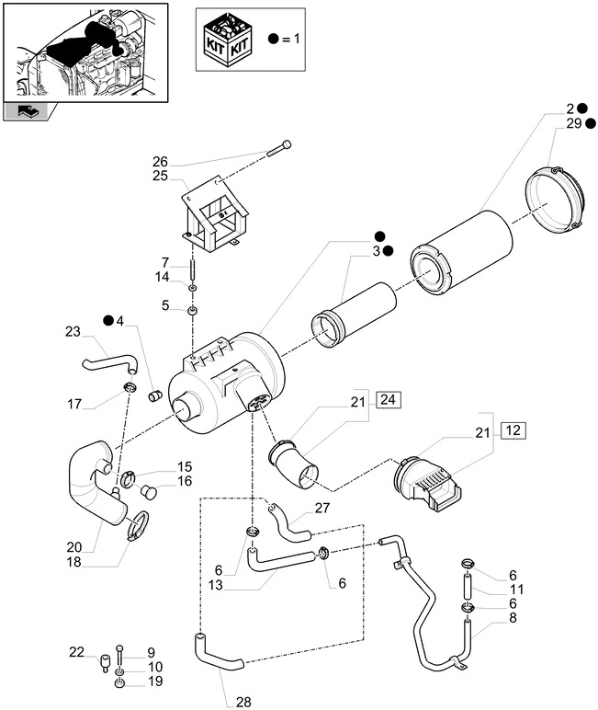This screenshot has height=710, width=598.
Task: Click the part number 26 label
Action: (160, 162)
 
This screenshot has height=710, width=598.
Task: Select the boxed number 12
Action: (512, 430)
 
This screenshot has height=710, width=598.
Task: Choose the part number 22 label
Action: (76, 652)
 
